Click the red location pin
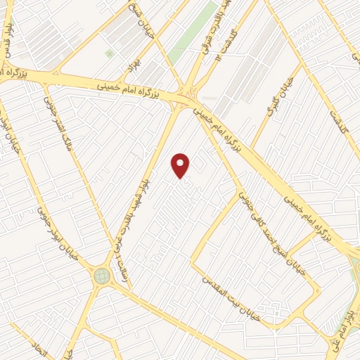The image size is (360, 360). click(181, 165)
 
